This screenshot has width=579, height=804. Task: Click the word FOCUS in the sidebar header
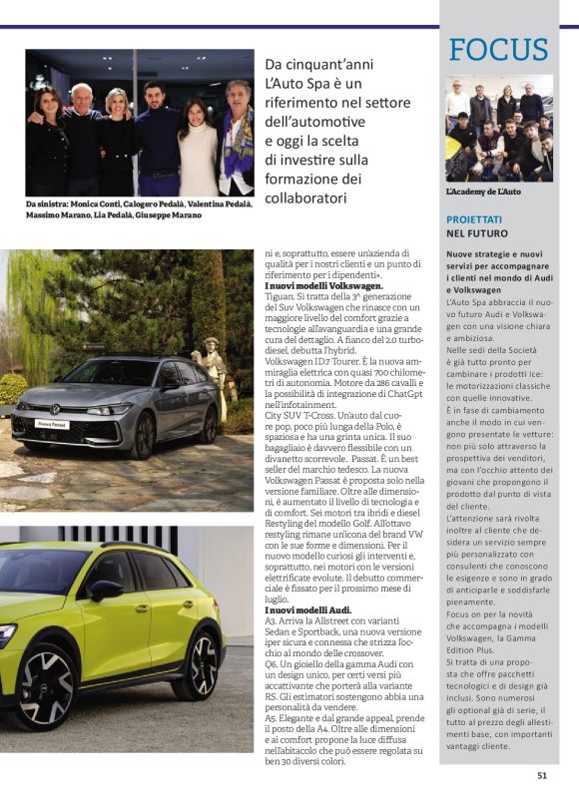click(498, 50)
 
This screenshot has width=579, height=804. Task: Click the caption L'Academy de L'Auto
click(483, 191)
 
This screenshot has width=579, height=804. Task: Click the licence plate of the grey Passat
click(52, 423)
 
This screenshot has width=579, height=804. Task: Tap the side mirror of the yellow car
click(105, 590)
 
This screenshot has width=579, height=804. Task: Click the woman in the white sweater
click(197, 145)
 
